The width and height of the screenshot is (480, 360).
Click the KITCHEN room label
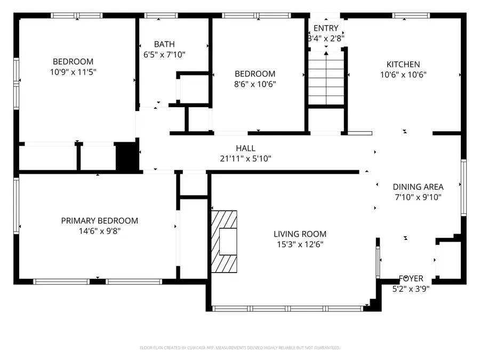click(406, 65)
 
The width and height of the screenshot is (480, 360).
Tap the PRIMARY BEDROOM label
click(99, 221)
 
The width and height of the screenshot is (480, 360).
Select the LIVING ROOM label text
click(300, 234)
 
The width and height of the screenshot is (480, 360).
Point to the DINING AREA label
click(418, 187)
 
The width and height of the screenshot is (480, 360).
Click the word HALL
click(245, 148)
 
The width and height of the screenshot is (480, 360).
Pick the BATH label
click(164, 44)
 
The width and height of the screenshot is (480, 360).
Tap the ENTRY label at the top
click(325, 28)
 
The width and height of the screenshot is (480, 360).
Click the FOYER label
click(411, 278)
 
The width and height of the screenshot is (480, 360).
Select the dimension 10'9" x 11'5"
click(73, 71)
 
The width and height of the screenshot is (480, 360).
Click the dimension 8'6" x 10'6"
click(255, 84)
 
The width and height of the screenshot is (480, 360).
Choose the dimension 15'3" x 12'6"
click(300, 244)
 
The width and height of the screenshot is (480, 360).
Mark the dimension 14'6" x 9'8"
click(99, 231)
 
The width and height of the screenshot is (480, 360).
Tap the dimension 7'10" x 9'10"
click(418, 197)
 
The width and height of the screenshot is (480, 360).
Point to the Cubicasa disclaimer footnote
click(239, 348)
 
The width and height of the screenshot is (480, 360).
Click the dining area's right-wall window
click(463, 187)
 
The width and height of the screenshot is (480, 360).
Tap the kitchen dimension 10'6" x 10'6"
click(406, 75)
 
